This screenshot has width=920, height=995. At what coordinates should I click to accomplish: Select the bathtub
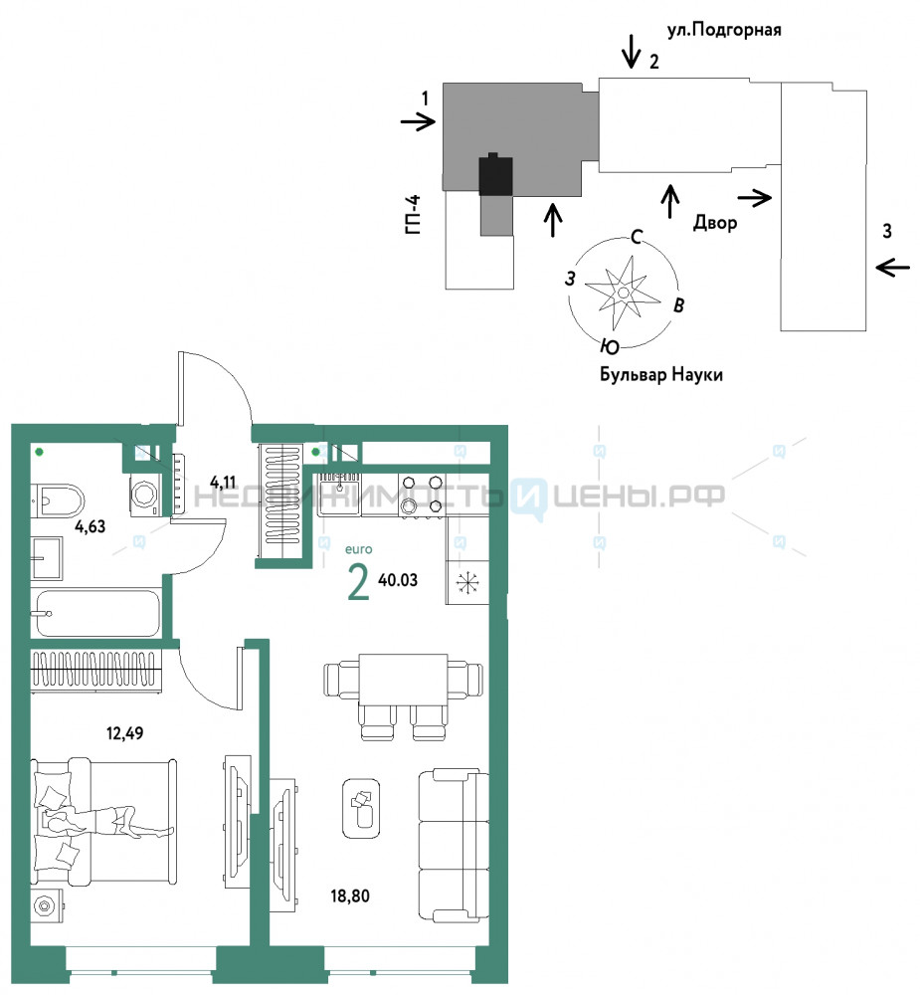pos(97,613)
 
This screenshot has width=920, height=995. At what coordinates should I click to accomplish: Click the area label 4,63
pos(91,526)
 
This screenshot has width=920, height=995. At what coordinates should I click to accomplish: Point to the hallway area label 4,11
pos(223,483)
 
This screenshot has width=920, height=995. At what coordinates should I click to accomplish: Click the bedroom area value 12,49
pos(125,733)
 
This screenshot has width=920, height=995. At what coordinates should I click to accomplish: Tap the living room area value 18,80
pos(350,896)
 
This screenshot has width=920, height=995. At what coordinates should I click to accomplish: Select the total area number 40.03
pos(398,580)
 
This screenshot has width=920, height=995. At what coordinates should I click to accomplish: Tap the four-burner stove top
pos(422,495)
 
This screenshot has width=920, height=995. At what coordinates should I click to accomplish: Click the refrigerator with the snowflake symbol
pos(467,582)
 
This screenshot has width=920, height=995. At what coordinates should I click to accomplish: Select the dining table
pos(403,679)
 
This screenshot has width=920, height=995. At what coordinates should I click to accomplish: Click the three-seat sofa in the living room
pos(453,846)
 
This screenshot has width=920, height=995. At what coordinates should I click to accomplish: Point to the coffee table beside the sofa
pos(362,808)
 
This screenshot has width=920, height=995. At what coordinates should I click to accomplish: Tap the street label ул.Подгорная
pos(724,29)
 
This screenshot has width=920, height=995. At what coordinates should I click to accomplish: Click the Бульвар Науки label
pos(661,374)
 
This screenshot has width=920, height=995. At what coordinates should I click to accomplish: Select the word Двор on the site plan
pos(715,222)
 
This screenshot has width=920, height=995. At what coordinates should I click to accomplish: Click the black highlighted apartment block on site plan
pos(495,174)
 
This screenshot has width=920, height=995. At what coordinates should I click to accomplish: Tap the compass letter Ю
pos(610,346)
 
